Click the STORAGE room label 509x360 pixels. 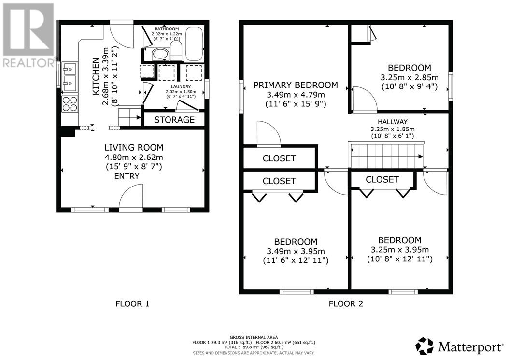[x=174, y=119]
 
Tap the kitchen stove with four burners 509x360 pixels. [x=70, y=104]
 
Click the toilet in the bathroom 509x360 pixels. [x=176, y=51]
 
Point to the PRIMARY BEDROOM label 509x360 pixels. [x=296, y=85]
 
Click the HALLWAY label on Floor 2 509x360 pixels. [x=393, y=122]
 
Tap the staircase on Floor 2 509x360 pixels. [x=386, y=156]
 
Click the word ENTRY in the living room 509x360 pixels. [x=127, y=176]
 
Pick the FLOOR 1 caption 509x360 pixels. [x=132, y=304]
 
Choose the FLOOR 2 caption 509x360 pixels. [x=346, y=304]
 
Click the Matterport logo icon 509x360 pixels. [x=424, y=346]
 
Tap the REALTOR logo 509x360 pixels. [x=28, y=35]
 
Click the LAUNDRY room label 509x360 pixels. [x=181, y=87]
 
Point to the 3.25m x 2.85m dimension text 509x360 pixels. [x=410, y=78]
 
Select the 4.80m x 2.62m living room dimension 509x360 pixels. [x=134, y=158]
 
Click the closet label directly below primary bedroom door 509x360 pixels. [x=279, y=158]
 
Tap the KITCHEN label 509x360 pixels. [x=96, y=77]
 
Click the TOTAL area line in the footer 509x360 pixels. [x=254, y=347]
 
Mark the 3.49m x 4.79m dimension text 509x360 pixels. [x=296, y=95]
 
